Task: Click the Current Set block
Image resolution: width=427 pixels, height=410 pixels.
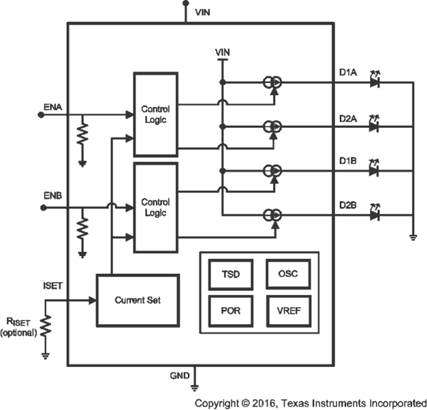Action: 137,300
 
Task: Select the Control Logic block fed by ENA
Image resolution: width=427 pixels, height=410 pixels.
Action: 155,114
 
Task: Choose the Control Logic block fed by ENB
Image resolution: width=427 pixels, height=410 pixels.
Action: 155,207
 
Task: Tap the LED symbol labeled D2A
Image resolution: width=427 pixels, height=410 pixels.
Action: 375,126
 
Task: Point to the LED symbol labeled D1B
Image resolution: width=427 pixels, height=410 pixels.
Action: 375,170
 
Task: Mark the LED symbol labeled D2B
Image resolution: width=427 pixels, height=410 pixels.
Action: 375,215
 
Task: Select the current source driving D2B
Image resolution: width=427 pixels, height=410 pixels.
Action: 271,215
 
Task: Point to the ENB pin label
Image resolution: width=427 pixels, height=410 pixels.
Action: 52,198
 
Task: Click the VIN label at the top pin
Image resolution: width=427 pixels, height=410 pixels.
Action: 203,12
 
